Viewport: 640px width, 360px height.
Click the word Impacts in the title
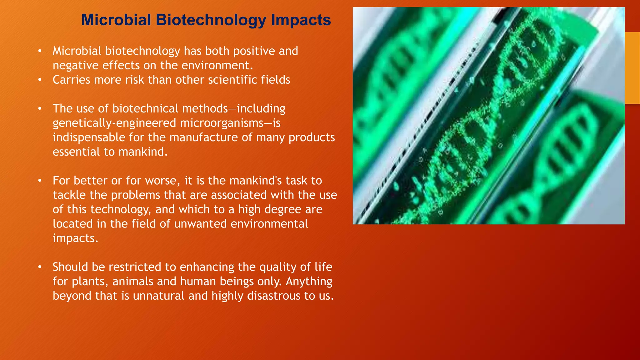(301, 20)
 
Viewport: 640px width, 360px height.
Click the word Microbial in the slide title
(116, 20)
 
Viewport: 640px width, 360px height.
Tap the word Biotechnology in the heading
(211, 20)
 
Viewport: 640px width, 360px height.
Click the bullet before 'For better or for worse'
(40, 181)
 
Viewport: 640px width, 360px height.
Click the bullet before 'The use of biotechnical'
(40, 109)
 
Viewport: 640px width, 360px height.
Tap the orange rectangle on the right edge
(632, 68)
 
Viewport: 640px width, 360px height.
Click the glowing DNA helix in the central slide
(487, 125)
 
